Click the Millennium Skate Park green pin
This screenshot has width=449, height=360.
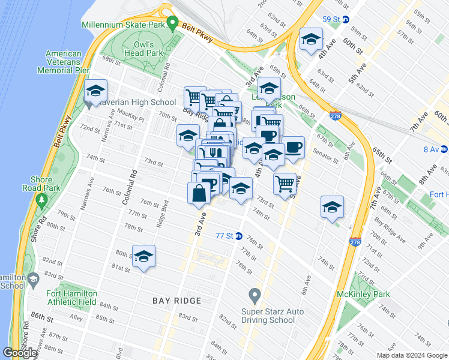coord(173,25)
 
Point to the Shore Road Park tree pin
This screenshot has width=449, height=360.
coord(41,198)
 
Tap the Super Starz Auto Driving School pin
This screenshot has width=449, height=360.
coord(255,295)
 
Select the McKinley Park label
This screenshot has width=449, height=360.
coord(364,294)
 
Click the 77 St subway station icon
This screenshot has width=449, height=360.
coord(239,236)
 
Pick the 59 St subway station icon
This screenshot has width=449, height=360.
coord(346,19)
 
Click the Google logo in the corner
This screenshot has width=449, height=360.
coord(20,353)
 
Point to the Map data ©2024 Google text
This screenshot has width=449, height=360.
coord(411,355)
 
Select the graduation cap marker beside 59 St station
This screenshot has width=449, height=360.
coord(310,40)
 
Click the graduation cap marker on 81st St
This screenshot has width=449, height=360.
coord(143,256)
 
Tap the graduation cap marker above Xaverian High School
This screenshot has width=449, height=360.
coord(95,91)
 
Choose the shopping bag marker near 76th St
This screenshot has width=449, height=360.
coord(199,193)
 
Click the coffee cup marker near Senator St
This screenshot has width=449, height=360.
coord(293,148)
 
